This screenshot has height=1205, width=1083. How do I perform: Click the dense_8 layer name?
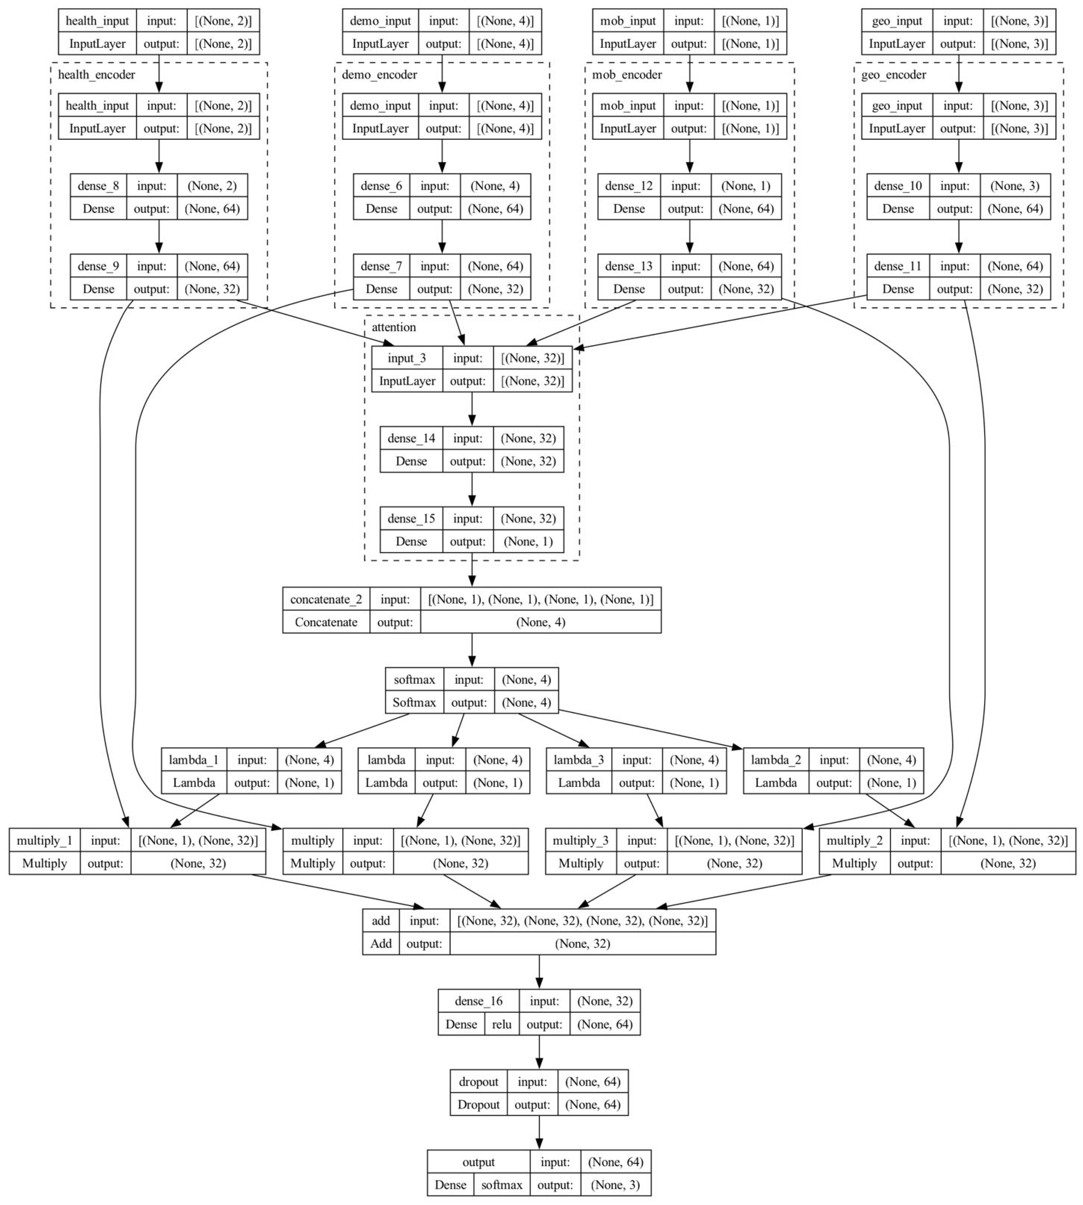98,186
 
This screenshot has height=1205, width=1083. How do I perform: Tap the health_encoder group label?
96,74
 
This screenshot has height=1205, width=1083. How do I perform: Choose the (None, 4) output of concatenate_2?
540,622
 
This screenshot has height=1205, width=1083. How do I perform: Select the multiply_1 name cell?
45,840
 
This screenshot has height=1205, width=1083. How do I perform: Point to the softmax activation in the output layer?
502,1184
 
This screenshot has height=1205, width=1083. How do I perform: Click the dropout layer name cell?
478,1081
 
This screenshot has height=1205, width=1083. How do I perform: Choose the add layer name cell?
381,920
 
